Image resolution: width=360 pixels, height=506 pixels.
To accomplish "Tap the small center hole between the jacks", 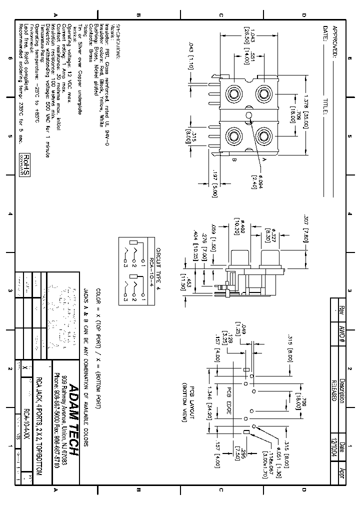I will coord(248,115).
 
